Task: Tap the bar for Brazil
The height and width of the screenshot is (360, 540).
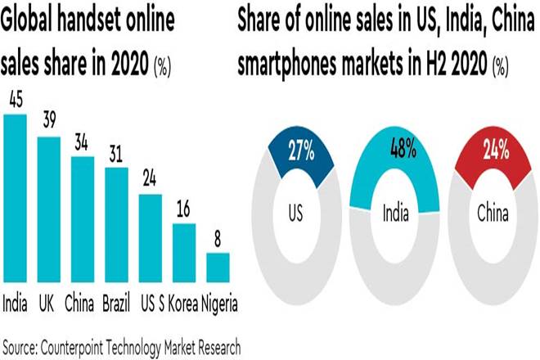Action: point(117,224)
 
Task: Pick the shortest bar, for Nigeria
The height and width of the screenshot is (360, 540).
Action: point(218,267)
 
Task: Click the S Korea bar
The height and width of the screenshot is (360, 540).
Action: point(184,252)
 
